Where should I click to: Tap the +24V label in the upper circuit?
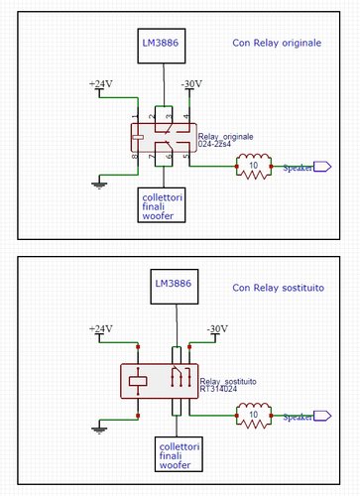coord(102,84)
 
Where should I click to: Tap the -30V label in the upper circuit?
coord(192,84)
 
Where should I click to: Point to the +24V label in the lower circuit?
coord(102,327)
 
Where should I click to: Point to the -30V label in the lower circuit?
coord(216,327)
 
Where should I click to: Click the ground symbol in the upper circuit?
coord(99,182)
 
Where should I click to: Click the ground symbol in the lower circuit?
coord(99,429)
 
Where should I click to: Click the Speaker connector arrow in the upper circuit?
coord(319,168)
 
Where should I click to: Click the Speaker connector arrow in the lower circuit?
coord(319,418)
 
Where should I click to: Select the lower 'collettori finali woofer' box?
coord(176,454)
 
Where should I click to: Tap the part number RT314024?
coord(219,390)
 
